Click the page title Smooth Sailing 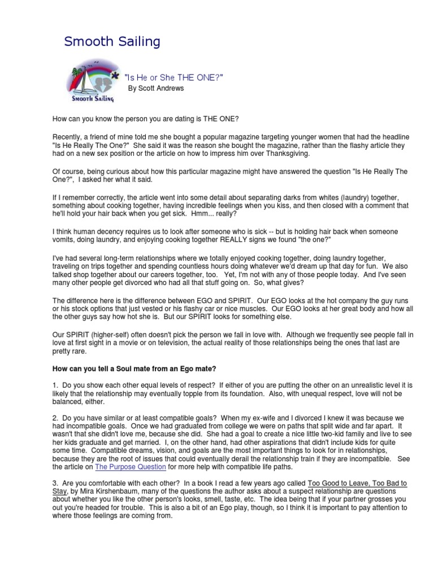[112, 41]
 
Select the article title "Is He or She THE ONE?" [173, 77]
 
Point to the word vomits [64, 240]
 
